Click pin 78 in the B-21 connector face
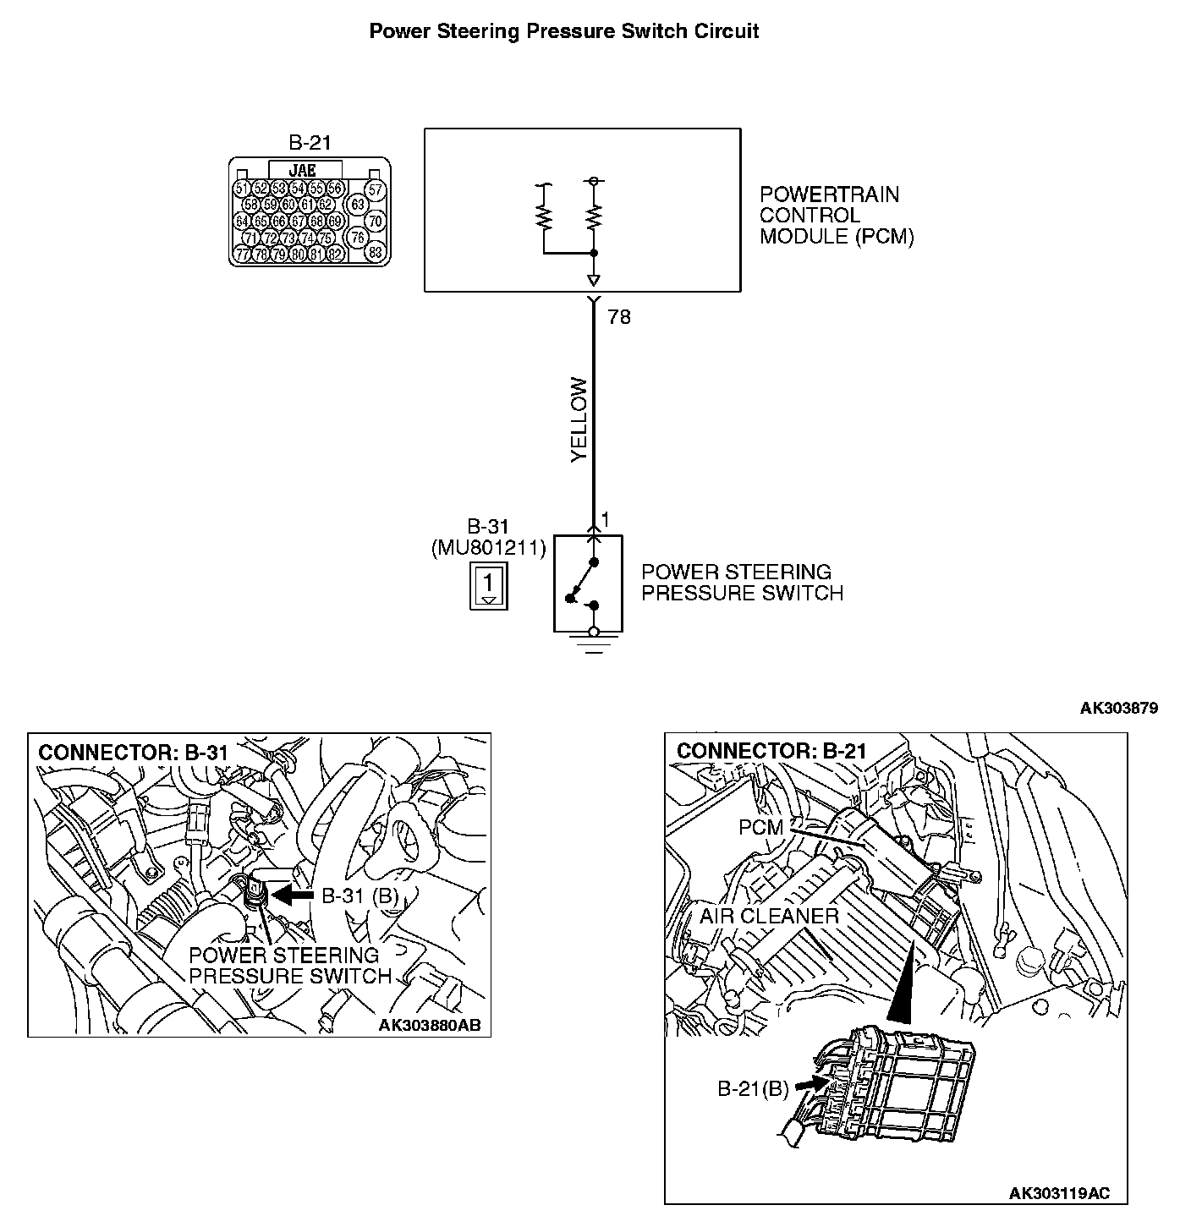click(x=261, y=254)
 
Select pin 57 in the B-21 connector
click(x=376, y=189)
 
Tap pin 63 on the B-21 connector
click(x=358, y=205)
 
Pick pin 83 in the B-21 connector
click(x=376, y=252)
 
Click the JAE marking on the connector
click(x=302, y=170)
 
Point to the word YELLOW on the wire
click(x=579, y=419)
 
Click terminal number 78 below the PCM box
click(x=619, y=318)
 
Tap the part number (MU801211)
click(x=488, y=548)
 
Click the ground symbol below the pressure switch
click(x=594, y=646)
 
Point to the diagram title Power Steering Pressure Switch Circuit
click(x=564, y=31)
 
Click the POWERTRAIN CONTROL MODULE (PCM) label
click(x=836, y=216)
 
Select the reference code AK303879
click(x=1118, y=708)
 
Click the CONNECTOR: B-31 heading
click(x=134, y=752)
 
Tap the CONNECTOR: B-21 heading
click(x=771, y=751)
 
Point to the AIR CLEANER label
click(x=768, y=916)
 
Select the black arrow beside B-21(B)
click(x=810, y=1082)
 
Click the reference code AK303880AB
click(x=429, y=1025)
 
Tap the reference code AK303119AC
click(x=1058, y=1193)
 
